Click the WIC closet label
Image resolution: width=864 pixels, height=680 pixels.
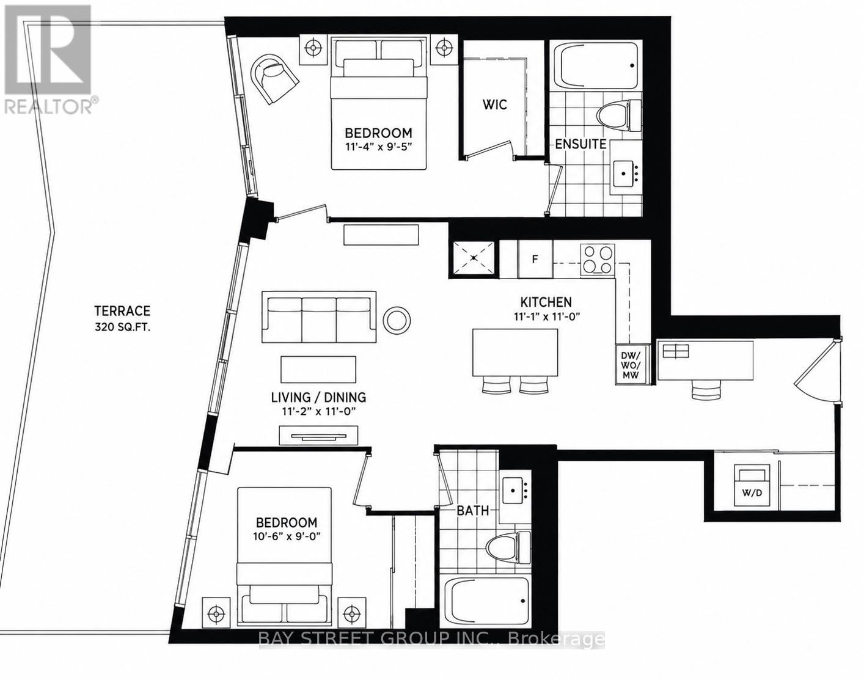pos(495,104)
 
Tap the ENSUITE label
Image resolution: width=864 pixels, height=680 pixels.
pos(580,144)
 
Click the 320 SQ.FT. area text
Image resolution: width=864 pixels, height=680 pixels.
pos(122,327)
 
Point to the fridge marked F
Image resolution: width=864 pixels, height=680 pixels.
pos(535,259)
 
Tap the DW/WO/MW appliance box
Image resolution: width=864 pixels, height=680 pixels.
pos(630,365)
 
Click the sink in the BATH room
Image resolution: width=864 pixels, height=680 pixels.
pos(515,491)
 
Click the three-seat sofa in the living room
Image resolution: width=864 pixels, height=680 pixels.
pos(319,316)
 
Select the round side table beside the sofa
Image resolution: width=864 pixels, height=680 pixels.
pos(397,320)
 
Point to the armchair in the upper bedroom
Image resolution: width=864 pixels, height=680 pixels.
pos(273,78)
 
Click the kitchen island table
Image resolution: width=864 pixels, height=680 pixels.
pos(515,352)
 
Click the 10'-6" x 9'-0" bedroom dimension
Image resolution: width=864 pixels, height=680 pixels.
pos(285,536)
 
